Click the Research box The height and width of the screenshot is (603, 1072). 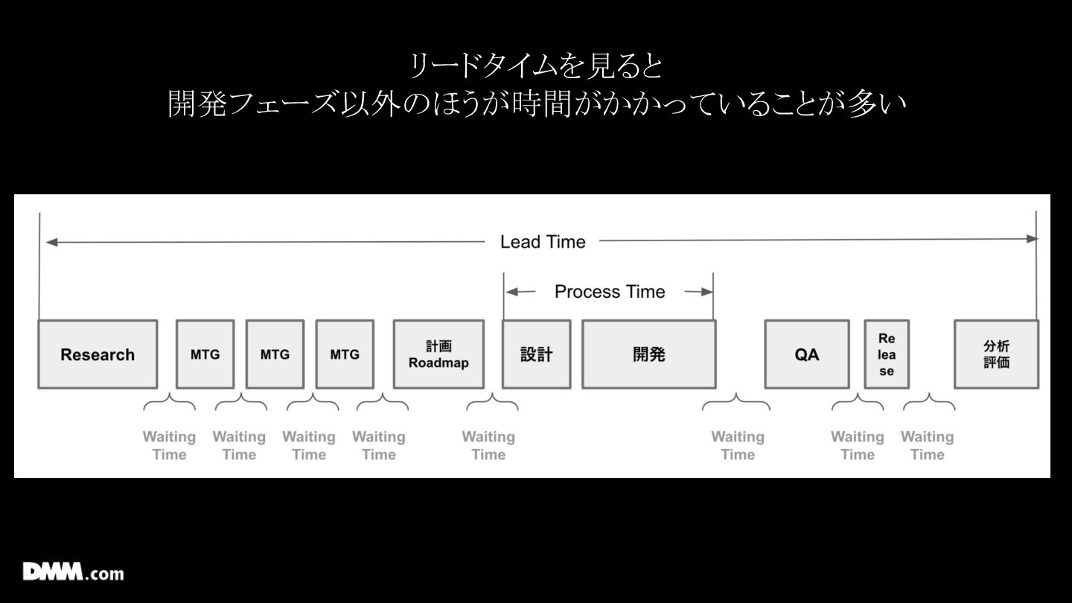[98, 354]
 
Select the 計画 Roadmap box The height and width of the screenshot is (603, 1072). [438, 354]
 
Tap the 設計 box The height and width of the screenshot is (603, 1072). [536, 354]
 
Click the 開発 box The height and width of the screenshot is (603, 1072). [648, 354]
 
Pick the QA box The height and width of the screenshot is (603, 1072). [807, 354]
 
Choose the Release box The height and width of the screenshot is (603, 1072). [886, 354]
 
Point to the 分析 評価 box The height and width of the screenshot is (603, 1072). [996, 354]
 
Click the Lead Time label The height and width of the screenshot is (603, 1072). [543, 242]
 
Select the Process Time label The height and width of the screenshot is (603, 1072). [610, 292]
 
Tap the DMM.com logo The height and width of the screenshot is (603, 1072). [73, 572]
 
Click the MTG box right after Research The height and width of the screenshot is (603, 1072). [205, 354]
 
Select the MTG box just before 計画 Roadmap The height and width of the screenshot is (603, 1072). [345, 354]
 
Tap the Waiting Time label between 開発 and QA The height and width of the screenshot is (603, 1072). [738, 445]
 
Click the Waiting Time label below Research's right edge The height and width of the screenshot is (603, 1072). [169, 445]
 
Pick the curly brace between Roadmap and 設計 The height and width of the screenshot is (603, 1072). [492, 405]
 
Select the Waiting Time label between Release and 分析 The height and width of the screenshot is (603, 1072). [927, 445]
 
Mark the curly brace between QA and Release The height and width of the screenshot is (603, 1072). [858, 405]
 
